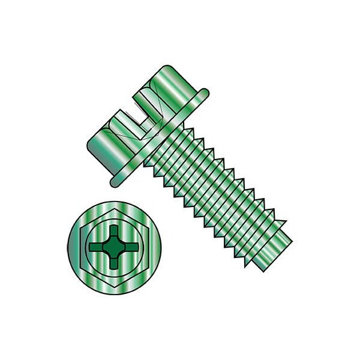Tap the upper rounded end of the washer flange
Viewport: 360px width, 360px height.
coord(203,93)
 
